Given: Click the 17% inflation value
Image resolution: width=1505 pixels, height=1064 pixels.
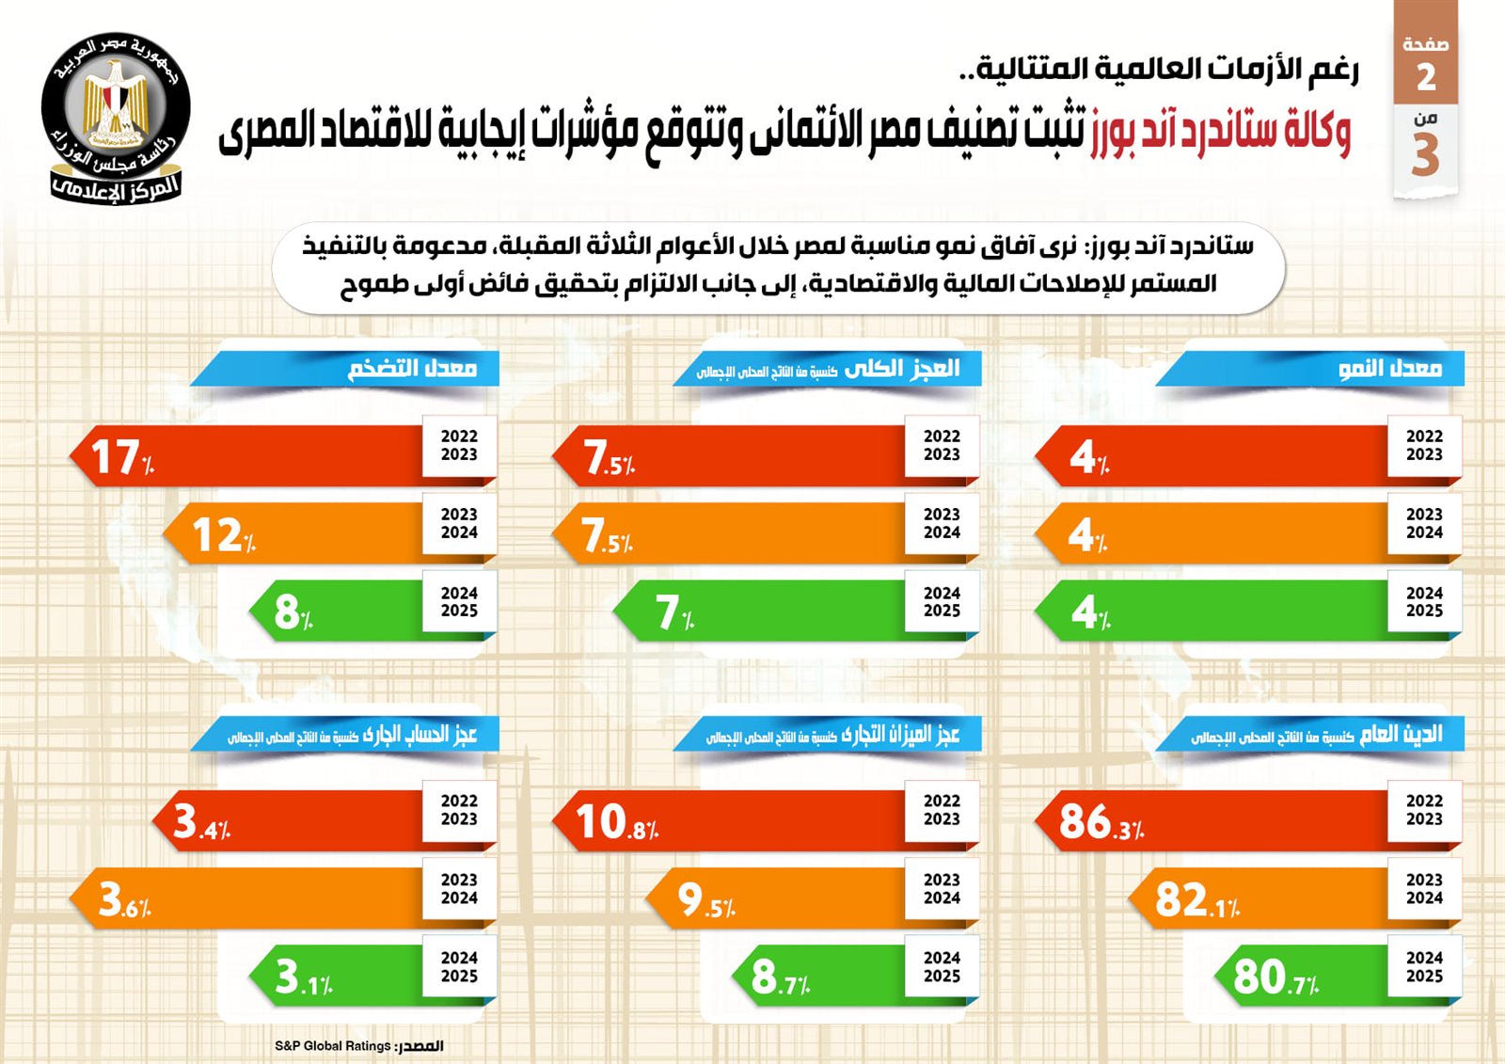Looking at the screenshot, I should coord(121,457).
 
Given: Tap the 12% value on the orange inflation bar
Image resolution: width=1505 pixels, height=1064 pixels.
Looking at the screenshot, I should coord(223,535).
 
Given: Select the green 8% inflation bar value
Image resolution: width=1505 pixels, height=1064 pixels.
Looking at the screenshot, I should coord(293,612).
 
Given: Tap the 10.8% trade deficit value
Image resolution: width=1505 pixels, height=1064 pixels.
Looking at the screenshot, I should coord(616,821).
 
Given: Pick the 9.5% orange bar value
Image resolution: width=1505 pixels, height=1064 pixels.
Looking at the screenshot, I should coord(705,900).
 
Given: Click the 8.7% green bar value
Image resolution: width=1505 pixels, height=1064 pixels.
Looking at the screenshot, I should coord(780,977).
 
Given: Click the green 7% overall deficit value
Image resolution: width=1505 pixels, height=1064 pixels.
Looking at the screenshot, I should coord(673,612).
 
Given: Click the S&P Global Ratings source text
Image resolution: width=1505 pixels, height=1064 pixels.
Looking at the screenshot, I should coord(358,1046).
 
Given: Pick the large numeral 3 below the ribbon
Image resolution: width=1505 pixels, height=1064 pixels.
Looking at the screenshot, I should coord(1425,154).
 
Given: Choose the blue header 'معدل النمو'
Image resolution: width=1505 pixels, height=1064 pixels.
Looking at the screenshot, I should coord(1389,368).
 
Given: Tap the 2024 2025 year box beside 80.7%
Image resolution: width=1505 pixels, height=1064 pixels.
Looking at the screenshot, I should coord(1424,967).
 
